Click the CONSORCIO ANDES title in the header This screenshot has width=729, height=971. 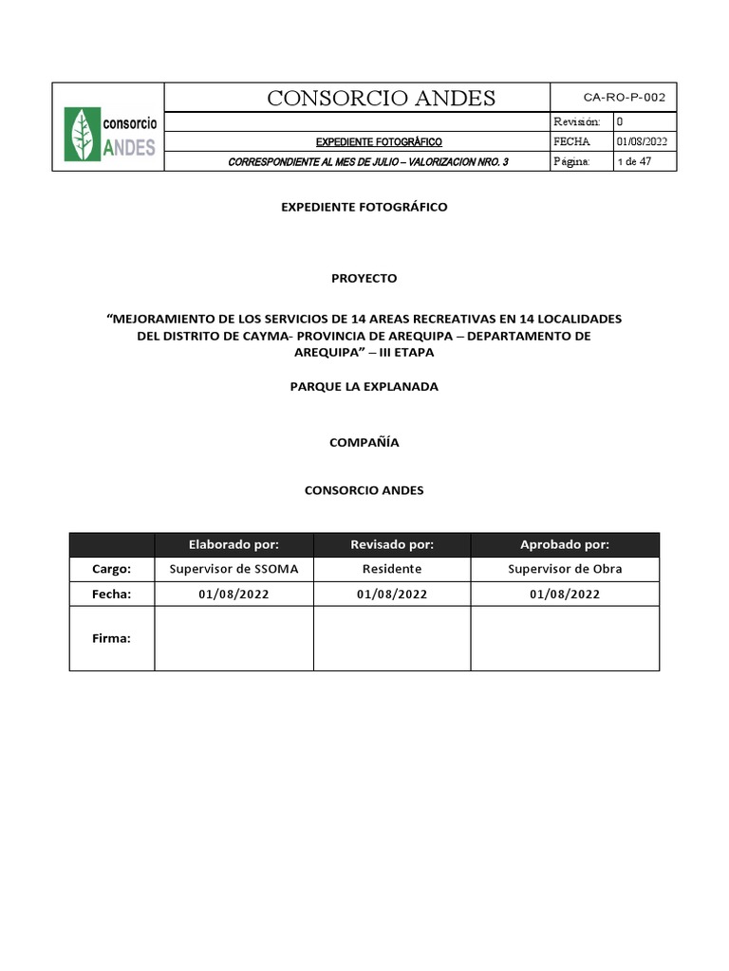381,98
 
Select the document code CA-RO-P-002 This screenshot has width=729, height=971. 624,97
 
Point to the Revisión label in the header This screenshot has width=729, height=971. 576,121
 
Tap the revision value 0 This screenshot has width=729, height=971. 620,121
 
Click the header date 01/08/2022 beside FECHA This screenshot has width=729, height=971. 643,141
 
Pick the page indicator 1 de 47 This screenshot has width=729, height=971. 634,161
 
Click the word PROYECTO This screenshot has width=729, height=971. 364,279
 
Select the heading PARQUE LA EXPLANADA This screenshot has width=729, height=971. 364,387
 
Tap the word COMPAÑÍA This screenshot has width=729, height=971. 364,442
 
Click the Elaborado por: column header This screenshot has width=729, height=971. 234,544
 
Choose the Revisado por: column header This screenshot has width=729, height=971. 392,544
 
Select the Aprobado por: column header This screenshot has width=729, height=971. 565,544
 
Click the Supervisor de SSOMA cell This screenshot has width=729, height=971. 234,569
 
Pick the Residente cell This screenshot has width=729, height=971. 392,569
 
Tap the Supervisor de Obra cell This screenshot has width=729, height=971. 565,569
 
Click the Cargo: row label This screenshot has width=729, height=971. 111,569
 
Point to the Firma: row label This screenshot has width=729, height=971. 111,638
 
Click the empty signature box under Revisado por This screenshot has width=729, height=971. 392,638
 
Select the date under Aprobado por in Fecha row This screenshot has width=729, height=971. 565,595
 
